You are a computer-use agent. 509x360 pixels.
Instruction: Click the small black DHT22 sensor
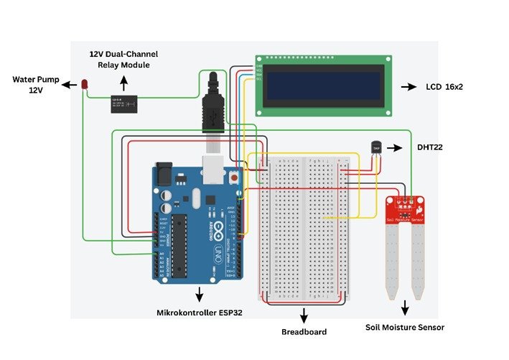click(374, 146)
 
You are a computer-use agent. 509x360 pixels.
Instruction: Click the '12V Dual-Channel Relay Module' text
click(123, 59)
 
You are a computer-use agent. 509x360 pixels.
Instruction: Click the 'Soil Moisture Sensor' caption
click(405, 327)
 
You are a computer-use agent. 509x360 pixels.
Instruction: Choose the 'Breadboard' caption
click(304, 332)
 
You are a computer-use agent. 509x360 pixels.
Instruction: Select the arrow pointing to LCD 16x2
click(408, 87)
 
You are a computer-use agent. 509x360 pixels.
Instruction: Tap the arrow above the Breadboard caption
click(304, 315)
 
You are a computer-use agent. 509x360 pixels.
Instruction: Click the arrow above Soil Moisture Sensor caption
click(405, 310)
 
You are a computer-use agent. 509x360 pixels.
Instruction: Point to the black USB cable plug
click(213, 108)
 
